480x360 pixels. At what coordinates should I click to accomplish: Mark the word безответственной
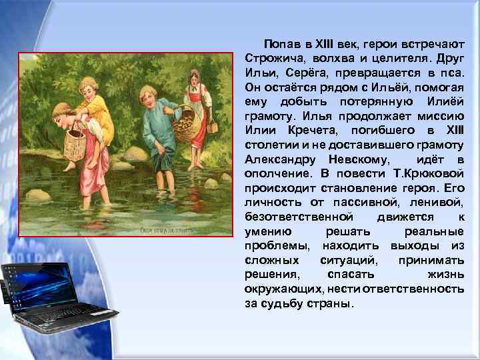(x=298, y=217)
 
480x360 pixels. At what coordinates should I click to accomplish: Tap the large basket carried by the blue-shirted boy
(x=186, y=126)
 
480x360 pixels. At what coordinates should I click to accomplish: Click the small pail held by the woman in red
(x=213, y=126)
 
